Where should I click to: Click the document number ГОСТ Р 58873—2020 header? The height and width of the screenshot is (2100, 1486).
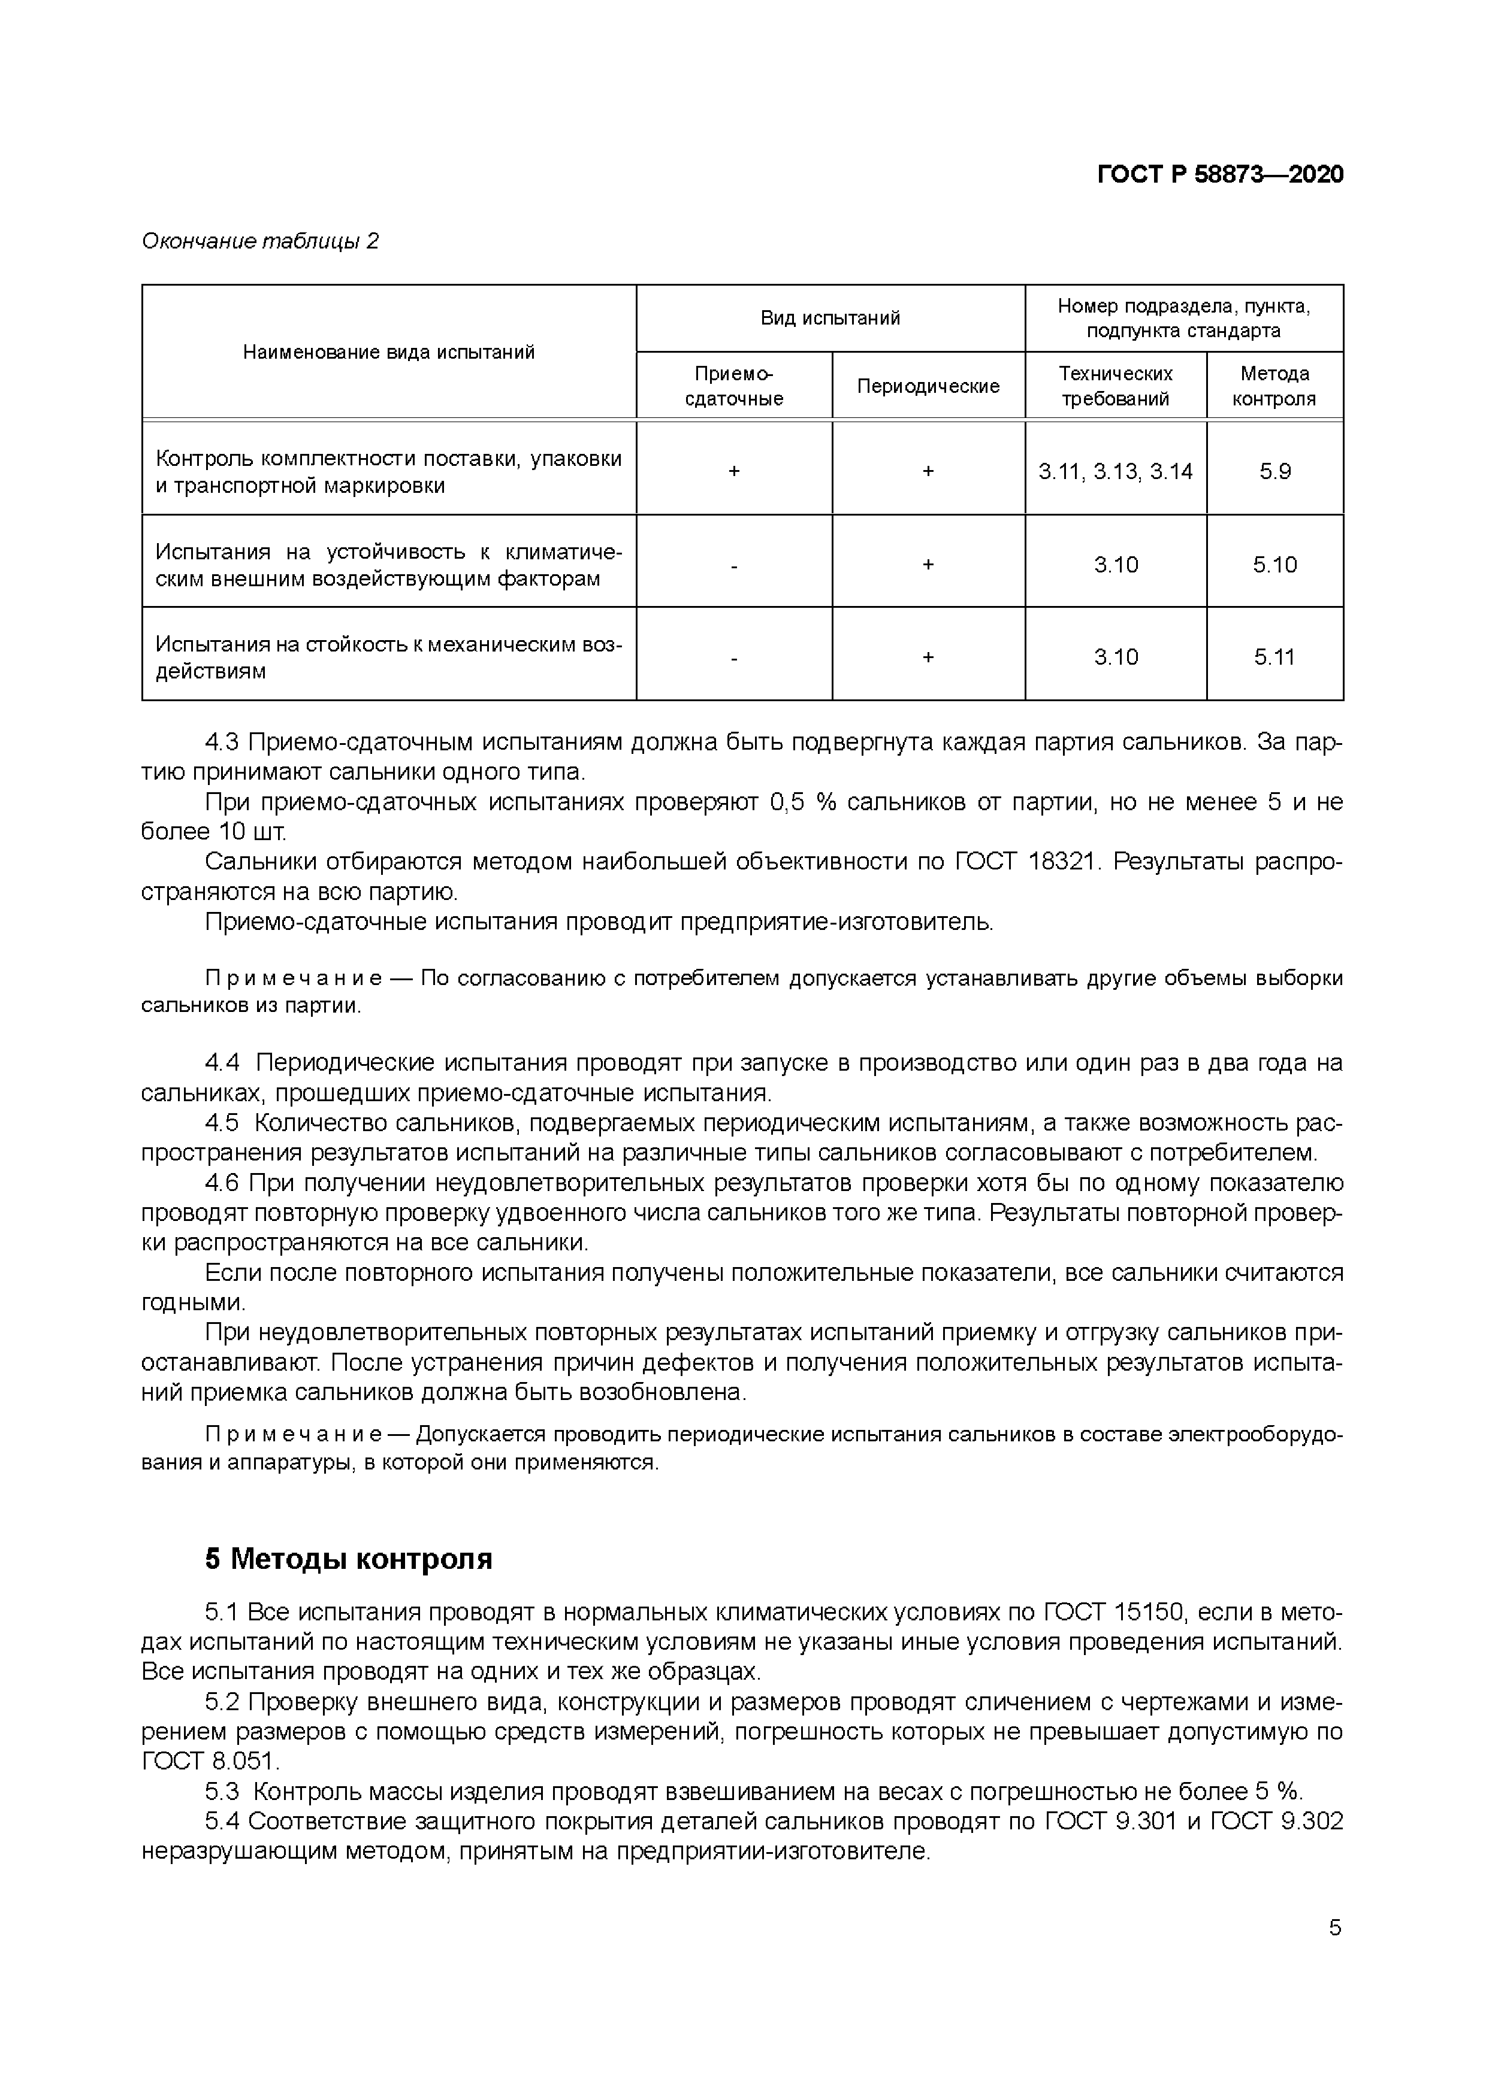tap(1220, 175)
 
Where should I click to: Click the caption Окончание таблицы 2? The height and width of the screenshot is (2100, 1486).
tap(260, 241)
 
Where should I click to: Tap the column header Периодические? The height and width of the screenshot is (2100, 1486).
tap(928, 387)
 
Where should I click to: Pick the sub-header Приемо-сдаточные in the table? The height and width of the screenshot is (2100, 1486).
tap(734, 387)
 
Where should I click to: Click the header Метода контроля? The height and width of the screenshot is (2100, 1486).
tap(1274, 387)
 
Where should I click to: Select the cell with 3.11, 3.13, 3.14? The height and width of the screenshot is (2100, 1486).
tap(1116, 472)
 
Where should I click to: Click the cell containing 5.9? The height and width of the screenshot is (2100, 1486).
tap(1274, 472)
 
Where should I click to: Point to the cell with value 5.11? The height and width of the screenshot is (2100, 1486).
tap(1274, 657)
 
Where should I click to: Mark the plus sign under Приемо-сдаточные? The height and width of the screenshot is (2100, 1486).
tap(734, 472)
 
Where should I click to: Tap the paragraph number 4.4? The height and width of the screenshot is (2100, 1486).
tap(222, 1063)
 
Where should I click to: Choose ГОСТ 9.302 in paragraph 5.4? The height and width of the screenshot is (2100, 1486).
tap(1276, 1821)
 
